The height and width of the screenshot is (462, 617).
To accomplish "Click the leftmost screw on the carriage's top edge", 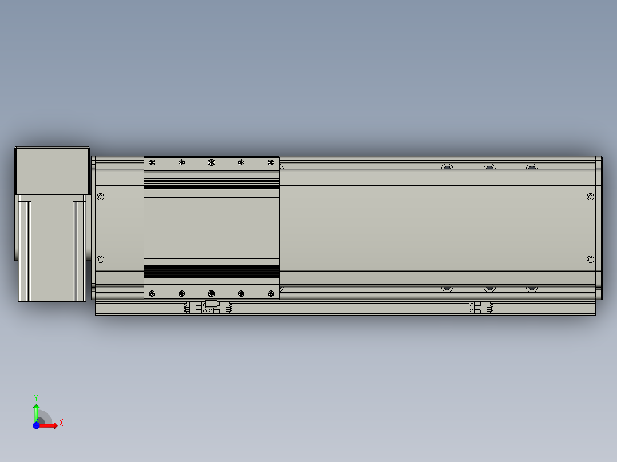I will [x=152, y=162].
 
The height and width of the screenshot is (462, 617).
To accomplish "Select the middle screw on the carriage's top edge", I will [x=211, y=162].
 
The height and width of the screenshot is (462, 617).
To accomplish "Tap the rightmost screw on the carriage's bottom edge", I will [x=271, y=293].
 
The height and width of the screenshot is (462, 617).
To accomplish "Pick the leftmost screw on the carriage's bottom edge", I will [x=152, y=293].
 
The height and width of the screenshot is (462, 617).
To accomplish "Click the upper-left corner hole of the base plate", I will [x=101, y=197].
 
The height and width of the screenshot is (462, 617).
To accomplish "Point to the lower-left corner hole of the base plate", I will [x=101, y=260].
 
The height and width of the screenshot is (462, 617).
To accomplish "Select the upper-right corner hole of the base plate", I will [x=591, y=197].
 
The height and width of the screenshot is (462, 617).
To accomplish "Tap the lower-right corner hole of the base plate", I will [x=591, y=260].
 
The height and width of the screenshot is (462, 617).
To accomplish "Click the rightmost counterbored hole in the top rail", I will [x=532, y=168].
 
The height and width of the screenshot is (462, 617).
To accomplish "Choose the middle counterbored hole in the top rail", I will [x=489, y=168].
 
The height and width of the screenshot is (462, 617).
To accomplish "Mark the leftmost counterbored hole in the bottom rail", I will [x=447, y=288].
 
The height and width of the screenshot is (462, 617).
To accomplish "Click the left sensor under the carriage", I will [x=208, y=308].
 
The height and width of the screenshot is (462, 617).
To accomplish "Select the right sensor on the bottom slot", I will [x=480, y=308].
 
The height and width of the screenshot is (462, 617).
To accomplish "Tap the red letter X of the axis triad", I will [x=61, y=423].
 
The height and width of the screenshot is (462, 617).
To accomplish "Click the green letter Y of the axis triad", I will [x=36, y=396].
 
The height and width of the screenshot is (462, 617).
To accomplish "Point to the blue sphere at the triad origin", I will [x=37, y=425].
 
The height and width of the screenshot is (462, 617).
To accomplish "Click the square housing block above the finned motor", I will [x=53, y=170].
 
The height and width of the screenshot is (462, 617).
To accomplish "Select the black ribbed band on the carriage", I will [x=211, y=272].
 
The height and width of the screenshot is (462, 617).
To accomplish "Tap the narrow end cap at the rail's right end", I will [x=598, y=228].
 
